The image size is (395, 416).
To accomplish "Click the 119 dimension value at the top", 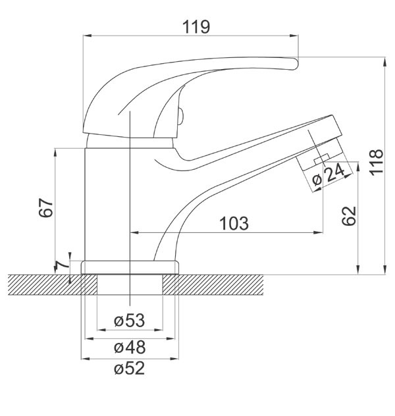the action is (x=196, y=27).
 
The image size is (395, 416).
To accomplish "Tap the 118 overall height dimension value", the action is (x=377, y=162).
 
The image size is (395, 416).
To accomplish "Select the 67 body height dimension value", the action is (x=46, y=207).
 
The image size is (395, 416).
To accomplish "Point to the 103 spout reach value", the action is (x=234, y=223).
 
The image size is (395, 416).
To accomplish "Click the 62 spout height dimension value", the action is (x=348, y=216).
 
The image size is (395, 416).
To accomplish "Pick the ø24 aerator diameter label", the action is (x=329, y=174).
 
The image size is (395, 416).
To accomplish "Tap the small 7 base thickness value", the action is (x=60, y=266).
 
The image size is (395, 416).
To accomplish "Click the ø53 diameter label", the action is (x=130, y=320).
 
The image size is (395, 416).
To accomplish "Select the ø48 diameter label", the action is (x=130, y=348).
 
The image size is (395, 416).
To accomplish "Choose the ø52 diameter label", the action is (x=130, y=368).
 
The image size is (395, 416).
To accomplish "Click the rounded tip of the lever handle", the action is (x=296, y=64).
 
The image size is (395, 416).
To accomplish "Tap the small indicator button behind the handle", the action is (x=180, y=116).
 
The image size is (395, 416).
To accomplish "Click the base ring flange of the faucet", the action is (x=130, y=267).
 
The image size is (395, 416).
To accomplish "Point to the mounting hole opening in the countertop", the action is (x=130, y=284).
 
